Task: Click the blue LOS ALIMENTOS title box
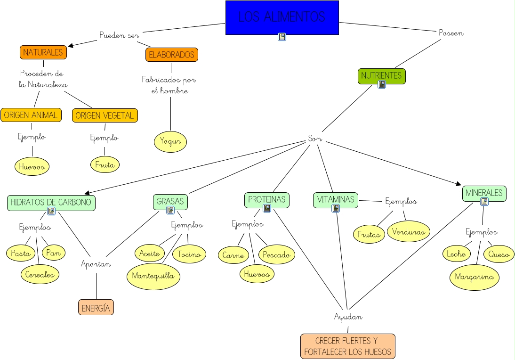(282, 17)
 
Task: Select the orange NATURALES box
(43, 52)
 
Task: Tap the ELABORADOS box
(171, 55)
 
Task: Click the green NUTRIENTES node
(381, 76)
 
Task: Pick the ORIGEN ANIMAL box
(31, 115)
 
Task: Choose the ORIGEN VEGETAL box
(105, 115)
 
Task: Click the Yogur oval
(170, 142)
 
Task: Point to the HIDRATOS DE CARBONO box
(51, 203)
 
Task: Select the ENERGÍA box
(96, 307)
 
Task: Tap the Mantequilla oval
(153, 276)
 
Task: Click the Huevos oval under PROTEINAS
(257, 274)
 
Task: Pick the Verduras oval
(409, 231)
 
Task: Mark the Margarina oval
(474, 277)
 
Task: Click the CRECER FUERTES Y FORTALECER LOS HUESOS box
(347, 346)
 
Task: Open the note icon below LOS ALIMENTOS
(282, 37)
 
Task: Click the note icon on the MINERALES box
(484, 202)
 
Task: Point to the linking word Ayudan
(348, 317)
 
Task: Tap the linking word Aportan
(96, 264)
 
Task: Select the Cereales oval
(40, 274)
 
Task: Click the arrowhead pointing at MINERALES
(458, 183)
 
